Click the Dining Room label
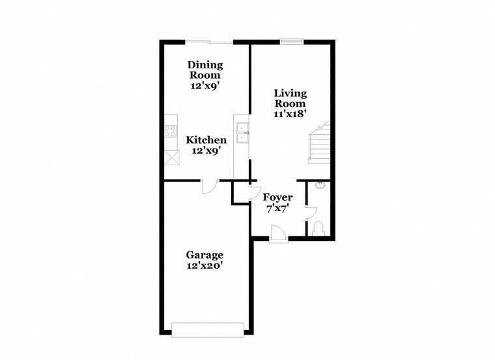tap(205, 70)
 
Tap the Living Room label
tap(290, 98)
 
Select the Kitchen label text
tap(206, 140)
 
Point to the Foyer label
tap(277, 197)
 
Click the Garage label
tap(205, 255)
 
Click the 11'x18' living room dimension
tap(290, 113)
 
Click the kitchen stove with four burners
tap(171, 129)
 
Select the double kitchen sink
tap(242, 132)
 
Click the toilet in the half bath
tap(318, 228)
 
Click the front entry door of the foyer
tap(277, 233)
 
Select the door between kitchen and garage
tap(210, 186)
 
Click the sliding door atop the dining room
tap(208, 42)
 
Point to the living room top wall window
tap(290, 42)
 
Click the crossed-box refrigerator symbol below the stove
tap(171, 157)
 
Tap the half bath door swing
tap(311, 213)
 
